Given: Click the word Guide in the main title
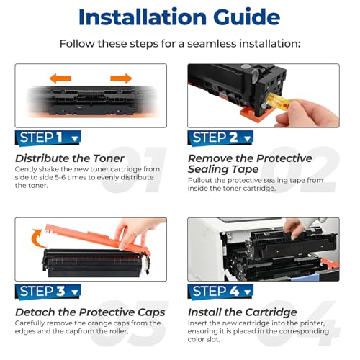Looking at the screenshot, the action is pos(247,17).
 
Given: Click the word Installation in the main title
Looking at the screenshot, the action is pos(143,17).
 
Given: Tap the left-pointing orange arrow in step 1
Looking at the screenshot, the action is pos(60,78).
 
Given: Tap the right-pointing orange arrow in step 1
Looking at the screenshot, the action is pos(121,78).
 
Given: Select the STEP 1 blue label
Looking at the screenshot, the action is pos(48,138).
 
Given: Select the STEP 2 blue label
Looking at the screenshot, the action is pos(220,138).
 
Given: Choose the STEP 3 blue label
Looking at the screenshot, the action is pos(48,292).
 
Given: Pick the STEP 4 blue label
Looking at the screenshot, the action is pos(220,292).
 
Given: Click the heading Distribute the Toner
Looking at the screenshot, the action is pos(70,158).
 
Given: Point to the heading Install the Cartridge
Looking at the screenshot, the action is pos(243,312).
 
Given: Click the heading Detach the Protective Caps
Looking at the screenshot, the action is pos(90,312).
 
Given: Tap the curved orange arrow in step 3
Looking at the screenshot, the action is pos(37,238).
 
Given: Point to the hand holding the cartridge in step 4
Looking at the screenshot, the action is pos(294,228).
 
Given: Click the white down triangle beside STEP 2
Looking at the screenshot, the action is pos(247,139).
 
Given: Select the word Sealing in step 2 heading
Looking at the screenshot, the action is pos(207,170).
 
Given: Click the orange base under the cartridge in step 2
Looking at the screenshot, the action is pos(258,114).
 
